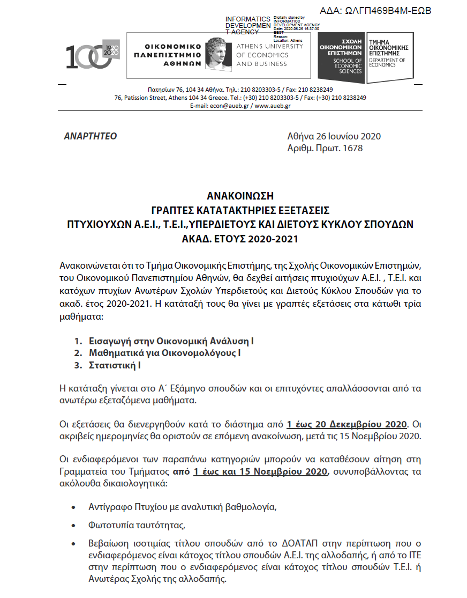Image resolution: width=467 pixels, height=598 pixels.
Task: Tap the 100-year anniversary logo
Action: pos(92,55)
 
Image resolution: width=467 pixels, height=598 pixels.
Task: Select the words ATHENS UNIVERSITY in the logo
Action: pos(269,46)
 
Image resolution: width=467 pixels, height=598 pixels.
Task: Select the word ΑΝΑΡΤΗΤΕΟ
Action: pos(90,136)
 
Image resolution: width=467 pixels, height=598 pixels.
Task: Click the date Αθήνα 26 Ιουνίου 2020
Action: pos(334,136)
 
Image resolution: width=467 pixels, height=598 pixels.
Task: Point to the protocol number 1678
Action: pos(352,147)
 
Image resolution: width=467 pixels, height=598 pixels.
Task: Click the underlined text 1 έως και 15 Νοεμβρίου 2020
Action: pos(260,472)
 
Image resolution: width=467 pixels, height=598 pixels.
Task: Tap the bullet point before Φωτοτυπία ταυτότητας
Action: pos(73,525)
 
